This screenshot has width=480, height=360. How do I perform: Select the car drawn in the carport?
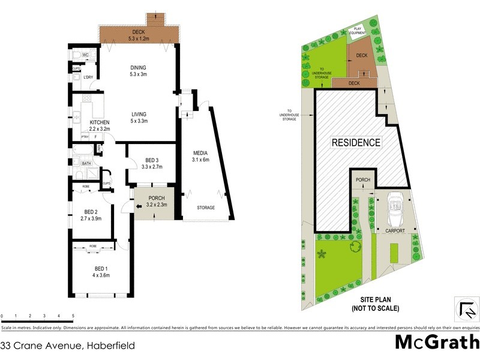click(x=395, y=206)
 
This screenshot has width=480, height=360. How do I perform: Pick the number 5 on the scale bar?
click(x=73, y=316)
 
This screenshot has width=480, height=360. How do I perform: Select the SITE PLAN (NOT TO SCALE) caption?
click(x=376, y=305)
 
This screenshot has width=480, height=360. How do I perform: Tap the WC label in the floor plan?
click(x=85, y=55)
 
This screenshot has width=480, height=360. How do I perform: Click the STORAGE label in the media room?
click(x=206, y=208)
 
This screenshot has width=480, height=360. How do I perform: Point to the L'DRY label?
click(x=88, y=77)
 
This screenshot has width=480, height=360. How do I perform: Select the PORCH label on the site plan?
click(x=362, y=181)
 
